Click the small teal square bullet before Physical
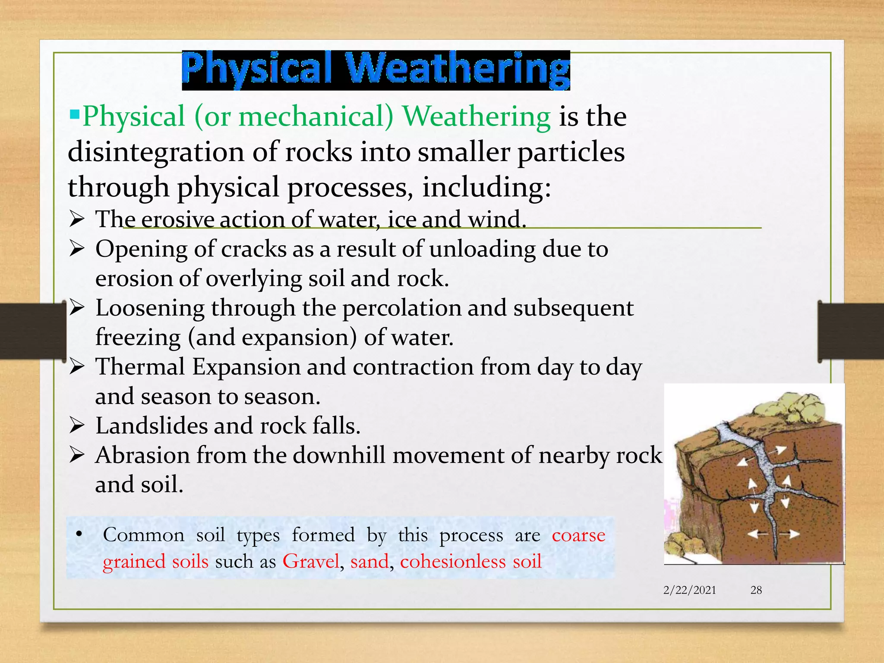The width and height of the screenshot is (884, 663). (x=74, y=114)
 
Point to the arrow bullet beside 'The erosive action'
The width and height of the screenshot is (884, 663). (x=76, y=220)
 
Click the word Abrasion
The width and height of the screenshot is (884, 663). (x=142, y=455)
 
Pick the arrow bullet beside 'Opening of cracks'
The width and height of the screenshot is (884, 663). (x=76, y=249)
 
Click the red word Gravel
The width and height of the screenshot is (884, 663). (x=311, y=562)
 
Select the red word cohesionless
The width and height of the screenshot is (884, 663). (x=453, y=562)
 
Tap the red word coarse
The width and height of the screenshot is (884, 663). (x=578, y=535)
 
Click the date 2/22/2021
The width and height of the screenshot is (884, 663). (x=689, y=590)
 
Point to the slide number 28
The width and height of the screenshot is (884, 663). (x=756, y=590)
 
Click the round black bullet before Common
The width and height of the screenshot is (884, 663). (x=79, y=534)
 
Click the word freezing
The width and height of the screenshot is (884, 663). (x=138, y=338)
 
